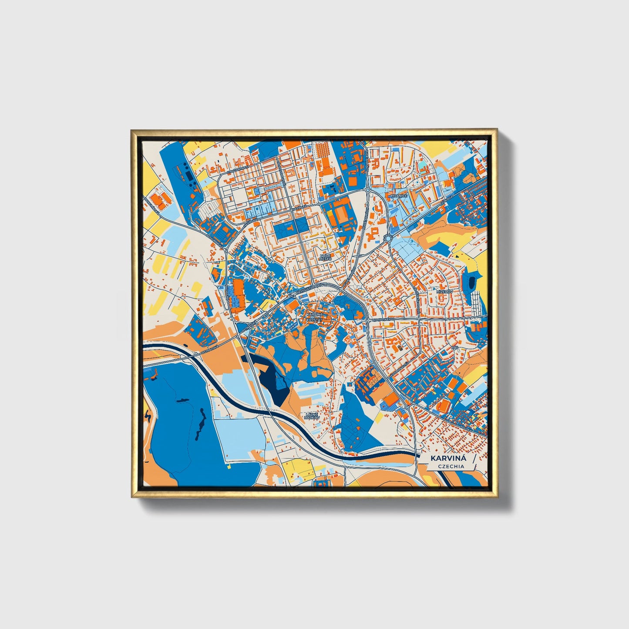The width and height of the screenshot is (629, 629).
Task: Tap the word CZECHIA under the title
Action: click(451, 466)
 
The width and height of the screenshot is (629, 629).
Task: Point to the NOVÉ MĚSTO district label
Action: click(326, 257)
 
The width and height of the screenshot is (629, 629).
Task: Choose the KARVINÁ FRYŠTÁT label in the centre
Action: click(314, 316)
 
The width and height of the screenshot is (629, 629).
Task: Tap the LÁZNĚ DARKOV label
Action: click(312, 416)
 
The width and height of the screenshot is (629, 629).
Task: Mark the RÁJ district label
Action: click(455, 348)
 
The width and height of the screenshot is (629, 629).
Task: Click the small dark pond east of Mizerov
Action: click(471, 283)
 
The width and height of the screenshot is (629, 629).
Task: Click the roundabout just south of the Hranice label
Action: click(388, 237)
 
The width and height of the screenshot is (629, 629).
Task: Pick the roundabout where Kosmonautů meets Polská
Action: click(406, 407)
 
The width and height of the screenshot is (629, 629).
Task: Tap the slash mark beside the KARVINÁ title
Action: click(473, 460)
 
